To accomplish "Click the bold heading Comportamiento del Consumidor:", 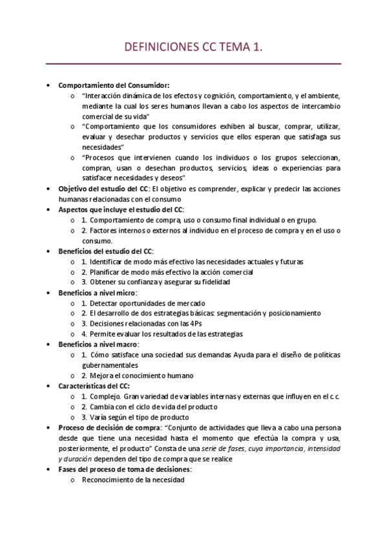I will (x=114, y=85).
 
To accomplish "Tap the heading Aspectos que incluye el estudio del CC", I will (x=121, y=209).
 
